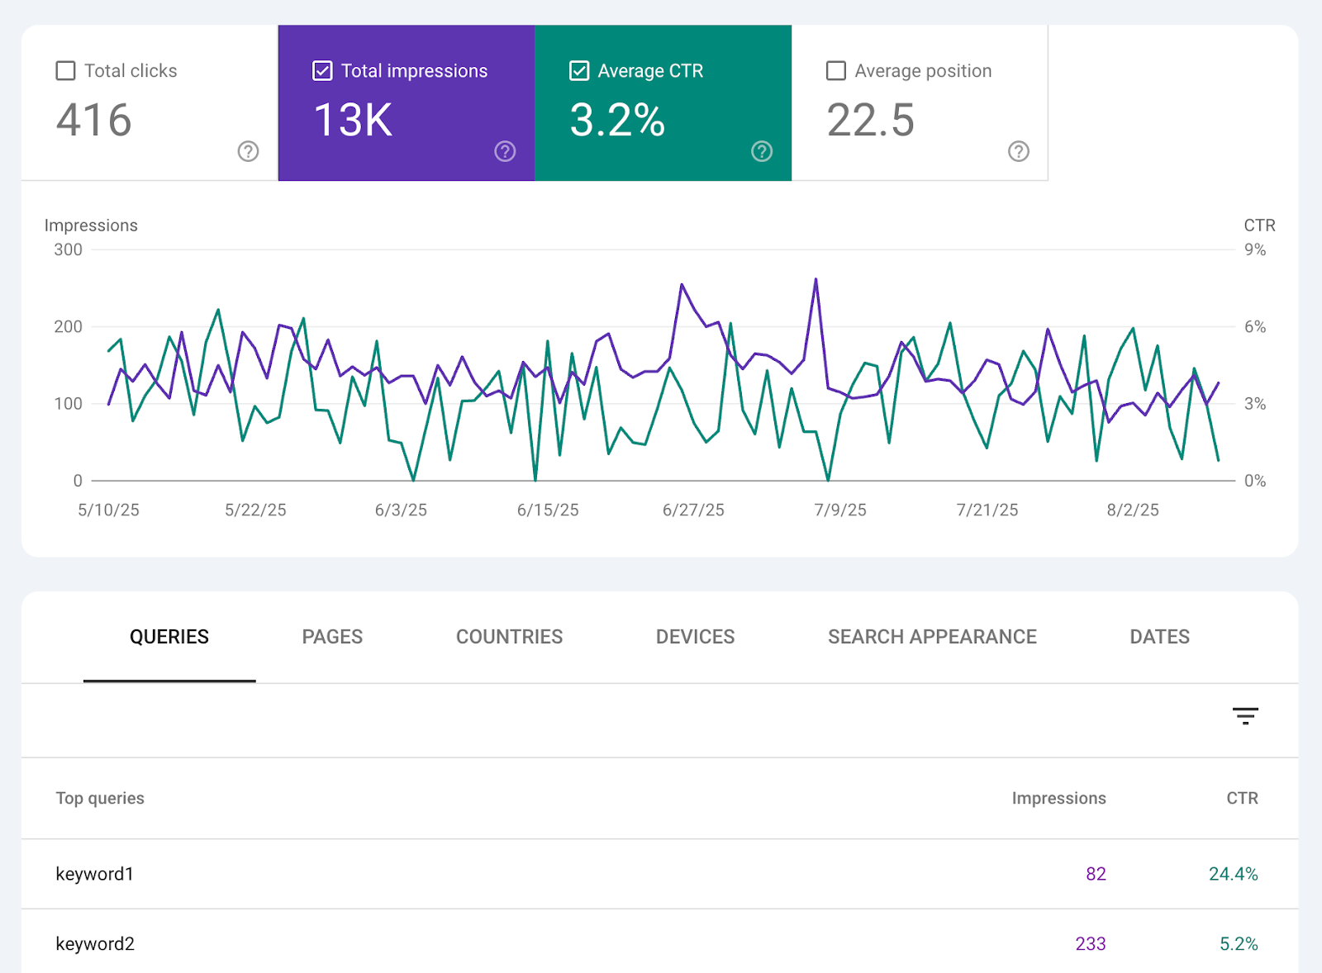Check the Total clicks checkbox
[x=65, y=71]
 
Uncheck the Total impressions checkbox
[x=322, y=71]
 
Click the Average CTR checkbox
[x=579, y=71]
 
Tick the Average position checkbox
[x=836, y=71]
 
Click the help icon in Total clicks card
[x=248, y=151]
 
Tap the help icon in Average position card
[x=1018, y=151]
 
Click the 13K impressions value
[x=353, y=121]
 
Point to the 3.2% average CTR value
[x=617, y=121]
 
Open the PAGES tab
[x=332, y=637]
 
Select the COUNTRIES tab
[x=509, y=637]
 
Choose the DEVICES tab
[x=695, y=637]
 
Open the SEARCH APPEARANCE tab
[x=932, y=637]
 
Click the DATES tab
[x=1159, y=637]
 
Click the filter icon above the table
[x=1245, y=716]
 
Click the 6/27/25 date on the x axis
[x=693, y=510]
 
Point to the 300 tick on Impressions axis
[x=68, y=249]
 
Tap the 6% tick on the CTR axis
[x=1254, y=327]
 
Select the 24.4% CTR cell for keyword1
[x=1233, y=874]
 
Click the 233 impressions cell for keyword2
[x=1090, y=944]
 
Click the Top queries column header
[x=100, y=799]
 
